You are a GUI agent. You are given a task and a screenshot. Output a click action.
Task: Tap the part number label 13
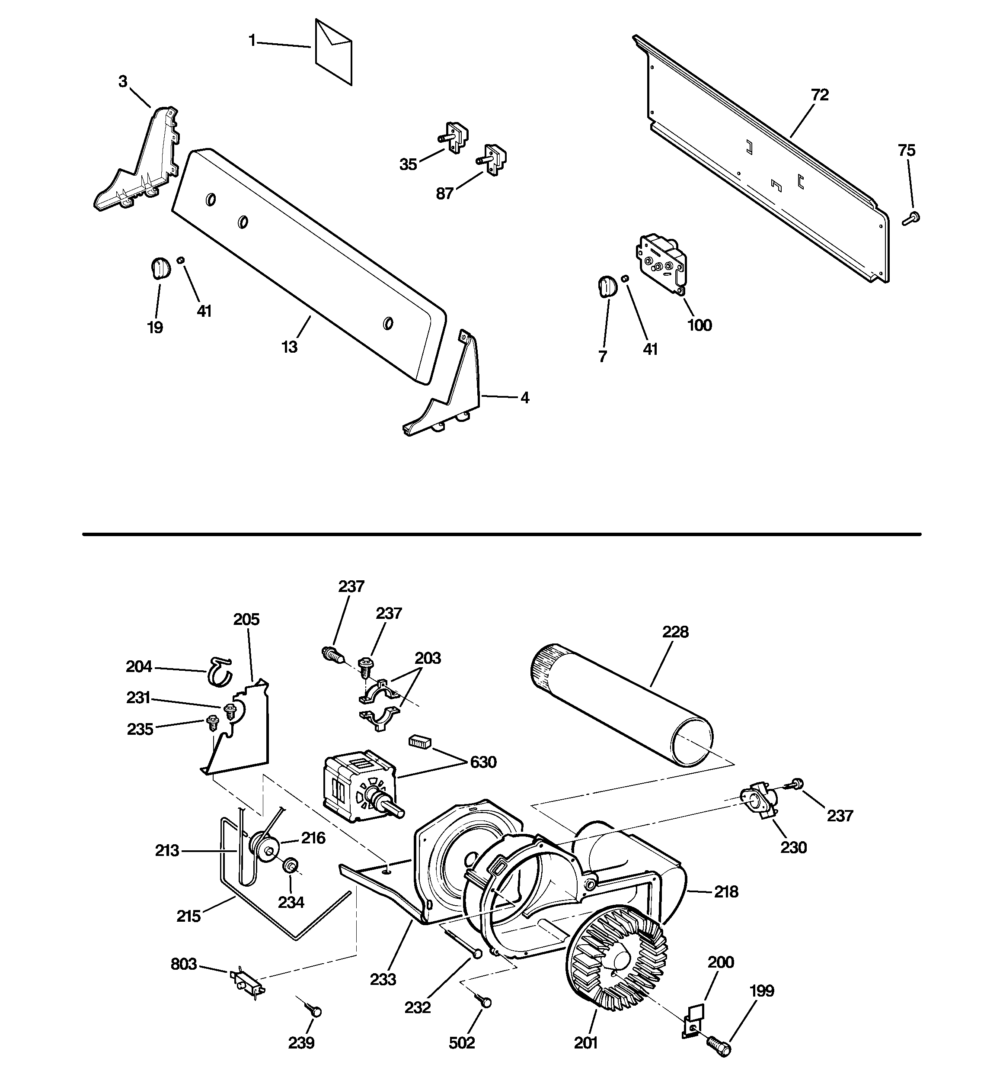click(x=290, y=347)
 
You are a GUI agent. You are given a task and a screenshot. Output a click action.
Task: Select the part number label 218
click(x=726, y=891)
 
